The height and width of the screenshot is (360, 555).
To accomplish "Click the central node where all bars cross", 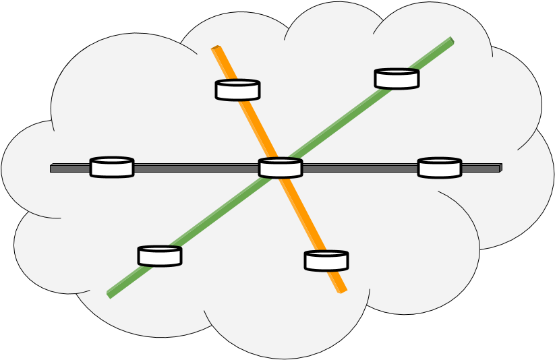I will click(x=281, y=168).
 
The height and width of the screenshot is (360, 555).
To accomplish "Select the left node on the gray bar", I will click(x=112, y=167).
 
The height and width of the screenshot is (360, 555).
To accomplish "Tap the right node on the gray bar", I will click(x=440, y=168).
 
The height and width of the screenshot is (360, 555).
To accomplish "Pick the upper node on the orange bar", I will click(x=237, y=90).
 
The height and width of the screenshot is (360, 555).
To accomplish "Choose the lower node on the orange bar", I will click(x=326, y=261).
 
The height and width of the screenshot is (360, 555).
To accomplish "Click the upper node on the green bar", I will click(x=397, y=79).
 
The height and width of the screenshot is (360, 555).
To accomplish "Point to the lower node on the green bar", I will click(x=160, y=256).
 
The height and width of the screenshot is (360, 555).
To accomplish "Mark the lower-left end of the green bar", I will click(x=109, y=294).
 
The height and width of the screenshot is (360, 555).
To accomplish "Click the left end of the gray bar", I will click(x=53, y=168).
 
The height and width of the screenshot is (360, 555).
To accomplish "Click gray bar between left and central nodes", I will click(x=196, y=168).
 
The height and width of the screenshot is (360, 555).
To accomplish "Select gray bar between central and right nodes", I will click(x=359, y=168).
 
